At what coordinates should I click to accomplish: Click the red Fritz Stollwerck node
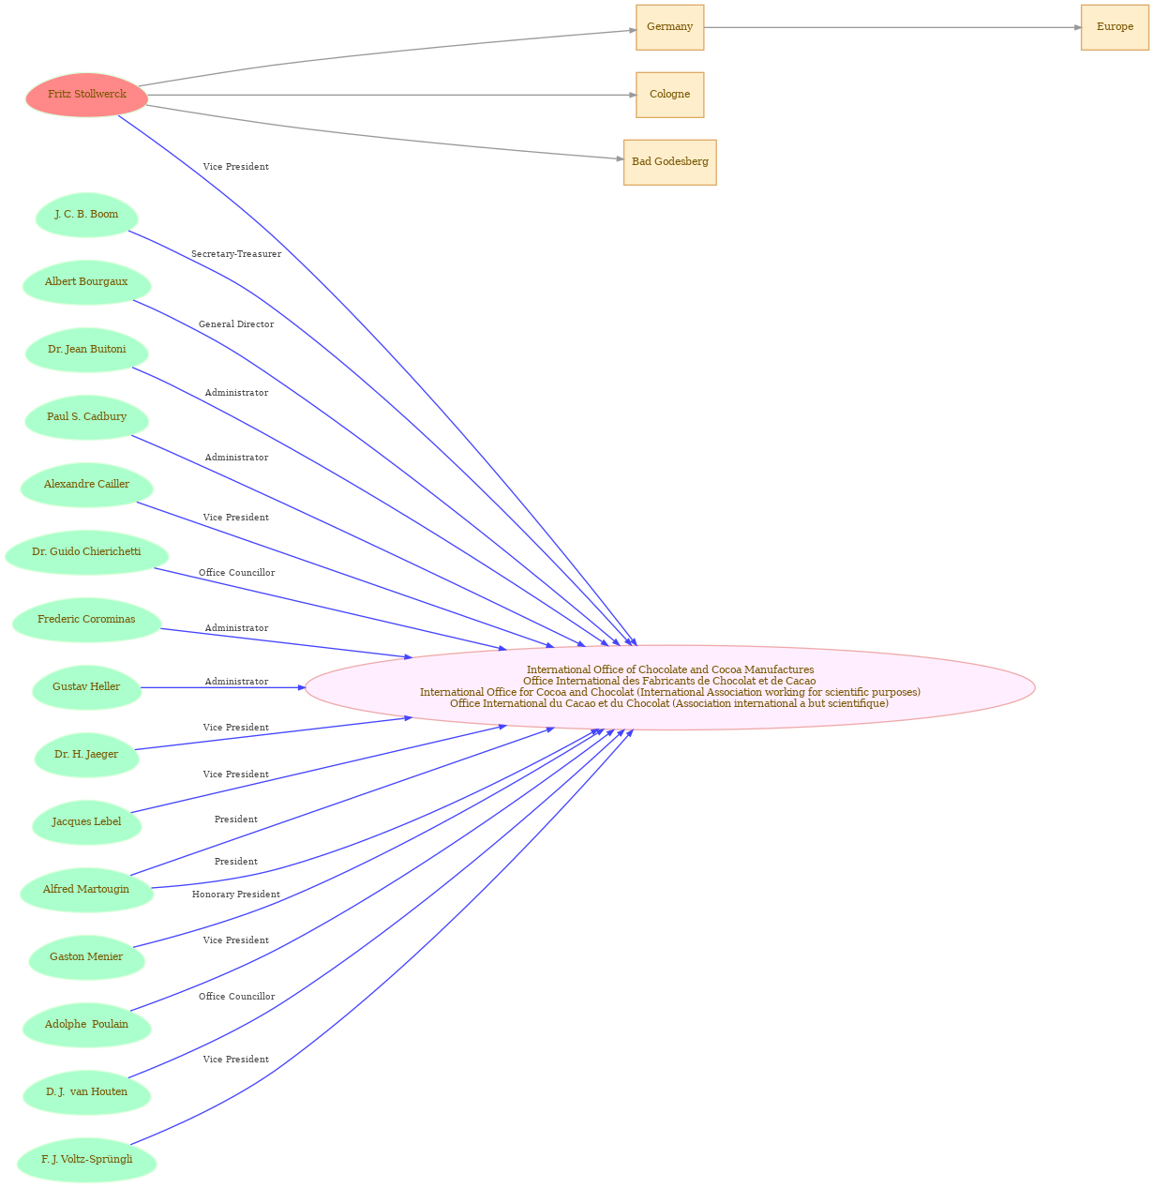(86, 95)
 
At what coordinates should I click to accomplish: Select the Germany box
(669, 27)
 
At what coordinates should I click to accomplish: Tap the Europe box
(1115, 27)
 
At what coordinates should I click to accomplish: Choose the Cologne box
(669, 95)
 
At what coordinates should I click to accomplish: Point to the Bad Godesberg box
(669, 162)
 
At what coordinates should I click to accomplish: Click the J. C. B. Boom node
(86, 215)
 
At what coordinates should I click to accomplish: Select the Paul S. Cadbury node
(86, 417)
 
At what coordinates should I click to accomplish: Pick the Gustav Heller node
(86, 687)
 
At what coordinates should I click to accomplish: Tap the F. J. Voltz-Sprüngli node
(86, 1160)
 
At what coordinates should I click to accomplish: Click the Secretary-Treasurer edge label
(236, 254)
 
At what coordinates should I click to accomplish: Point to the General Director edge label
(236, 324)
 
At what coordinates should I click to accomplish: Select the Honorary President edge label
(236, 895)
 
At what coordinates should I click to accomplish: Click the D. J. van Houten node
(86, 1092)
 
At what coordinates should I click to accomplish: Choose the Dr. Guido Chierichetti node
(86, 552)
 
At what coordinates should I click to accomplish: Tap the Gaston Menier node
(86, 958)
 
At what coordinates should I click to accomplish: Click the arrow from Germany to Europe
(892, 27)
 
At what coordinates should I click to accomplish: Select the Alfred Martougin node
(86, 890)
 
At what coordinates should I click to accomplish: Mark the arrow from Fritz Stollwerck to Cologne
(392, 96)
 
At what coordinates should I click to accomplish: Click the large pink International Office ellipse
(669, 687)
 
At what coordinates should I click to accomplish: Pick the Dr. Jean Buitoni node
(86, 350)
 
